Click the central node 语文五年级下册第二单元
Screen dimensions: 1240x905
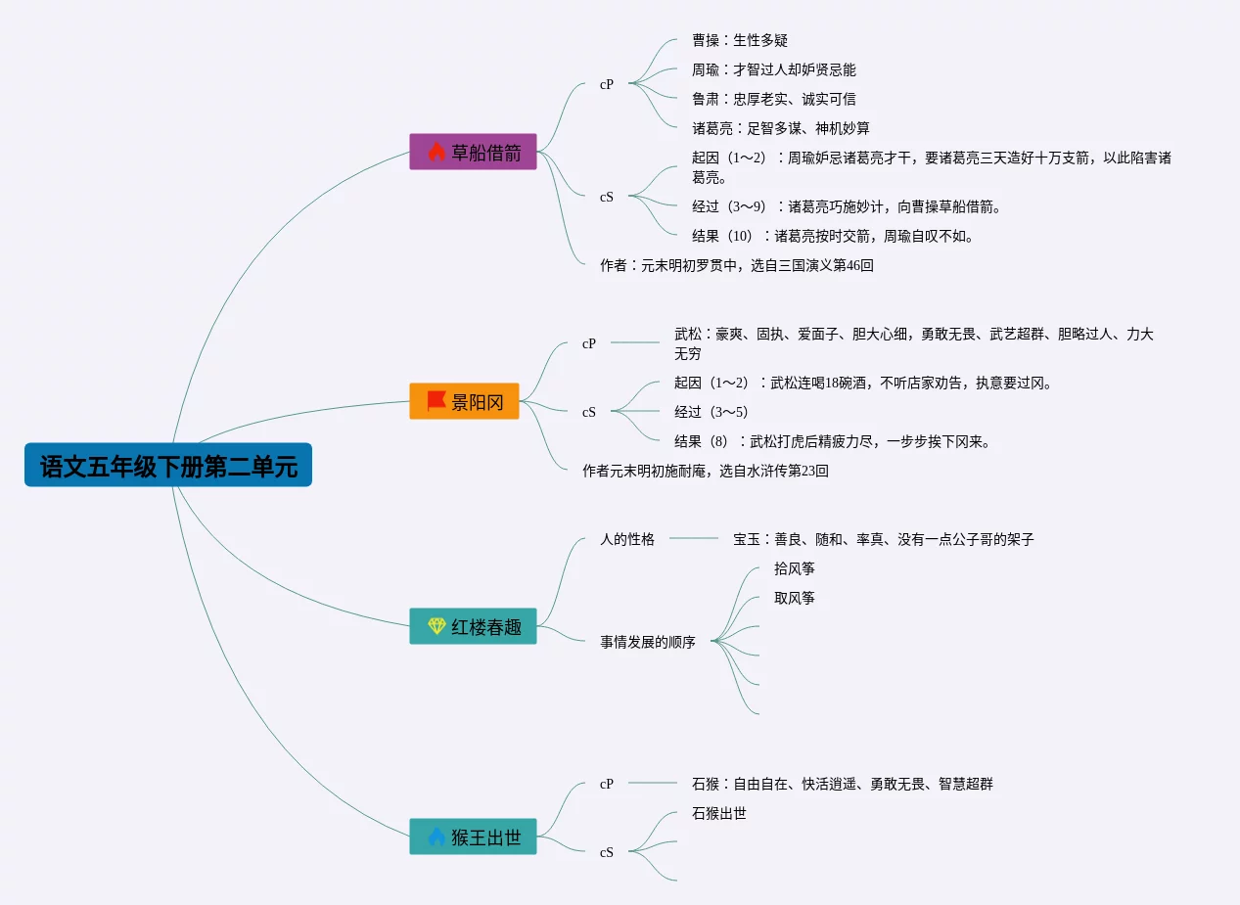(x=168, y=466)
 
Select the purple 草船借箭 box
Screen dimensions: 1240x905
(x=473, y=152)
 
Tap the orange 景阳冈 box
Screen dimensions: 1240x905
(x=464, y=401)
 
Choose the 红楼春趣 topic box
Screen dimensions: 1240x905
(x=473, y=626)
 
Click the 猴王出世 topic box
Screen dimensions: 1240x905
(x=473, y=837)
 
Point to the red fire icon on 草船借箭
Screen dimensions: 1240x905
(x=436, y=152)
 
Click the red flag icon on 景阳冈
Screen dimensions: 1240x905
(x=436, y=401)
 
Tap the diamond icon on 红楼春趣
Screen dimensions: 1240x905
(x=436, y=626)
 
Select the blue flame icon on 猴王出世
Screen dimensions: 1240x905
(x=436, y=837)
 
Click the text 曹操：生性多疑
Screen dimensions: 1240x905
(x=740, y=40)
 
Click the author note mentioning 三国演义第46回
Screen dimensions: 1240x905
(x=737, y=265)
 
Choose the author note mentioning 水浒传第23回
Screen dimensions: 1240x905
(x=706, y=471)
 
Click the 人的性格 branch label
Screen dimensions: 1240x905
(x=627, y=539)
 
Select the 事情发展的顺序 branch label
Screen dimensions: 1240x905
(x=648, y=643)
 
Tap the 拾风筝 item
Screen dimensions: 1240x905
(x=795, y=568)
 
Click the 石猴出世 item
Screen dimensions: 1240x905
(x=719, y=813)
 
